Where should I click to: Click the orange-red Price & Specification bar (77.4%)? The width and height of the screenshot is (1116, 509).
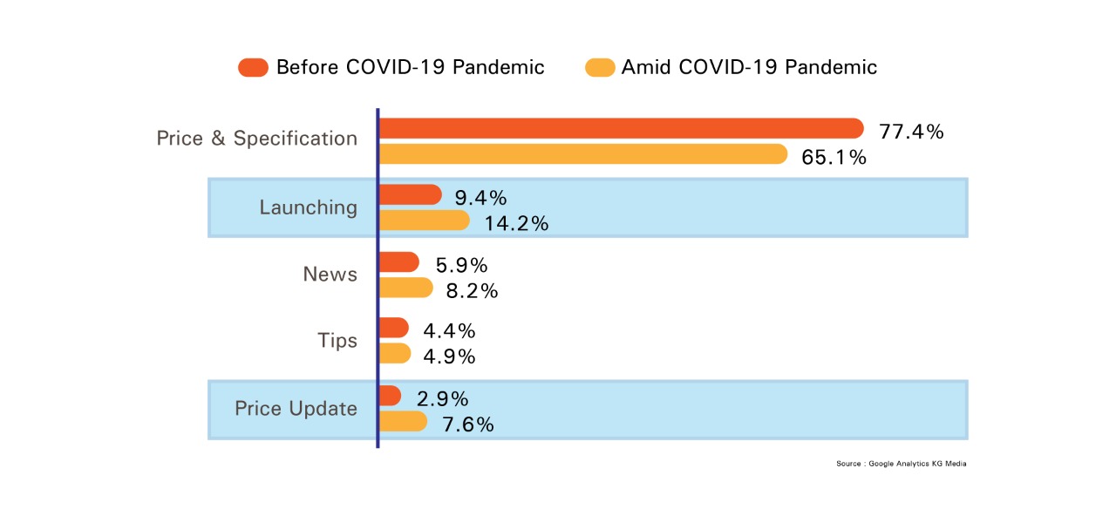622,128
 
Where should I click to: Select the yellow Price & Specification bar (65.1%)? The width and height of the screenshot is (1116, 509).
583,154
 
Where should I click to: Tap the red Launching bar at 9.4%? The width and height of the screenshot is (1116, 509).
411,194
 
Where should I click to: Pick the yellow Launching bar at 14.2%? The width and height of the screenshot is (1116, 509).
425,221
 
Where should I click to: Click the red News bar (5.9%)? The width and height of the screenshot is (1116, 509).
399,262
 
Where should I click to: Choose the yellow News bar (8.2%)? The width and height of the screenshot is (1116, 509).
406,288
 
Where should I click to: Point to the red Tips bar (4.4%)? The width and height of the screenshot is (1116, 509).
394,327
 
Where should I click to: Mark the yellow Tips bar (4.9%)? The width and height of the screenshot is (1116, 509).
395,353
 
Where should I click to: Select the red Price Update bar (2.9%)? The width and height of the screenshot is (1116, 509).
390,396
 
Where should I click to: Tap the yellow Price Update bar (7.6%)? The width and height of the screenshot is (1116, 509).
403,421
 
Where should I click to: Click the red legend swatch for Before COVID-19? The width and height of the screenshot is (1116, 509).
253,67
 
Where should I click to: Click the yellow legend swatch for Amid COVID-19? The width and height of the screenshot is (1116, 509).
600,67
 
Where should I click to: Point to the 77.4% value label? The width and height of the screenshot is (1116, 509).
911,132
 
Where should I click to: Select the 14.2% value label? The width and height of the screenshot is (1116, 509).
516,223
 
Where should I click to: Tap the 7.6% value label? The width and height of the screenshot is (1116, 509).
468,424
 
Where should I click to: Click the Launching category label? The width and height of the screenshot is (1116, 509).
309,207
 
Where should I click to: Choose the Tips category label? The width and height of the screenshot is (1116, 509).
337,341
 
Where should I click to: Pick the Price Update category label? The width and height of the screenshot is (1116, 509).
296,409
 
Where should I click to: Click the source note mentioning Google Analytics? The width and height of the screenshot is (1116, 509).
902,464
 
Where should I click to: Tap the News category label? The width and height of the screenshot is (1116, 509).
330,275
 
